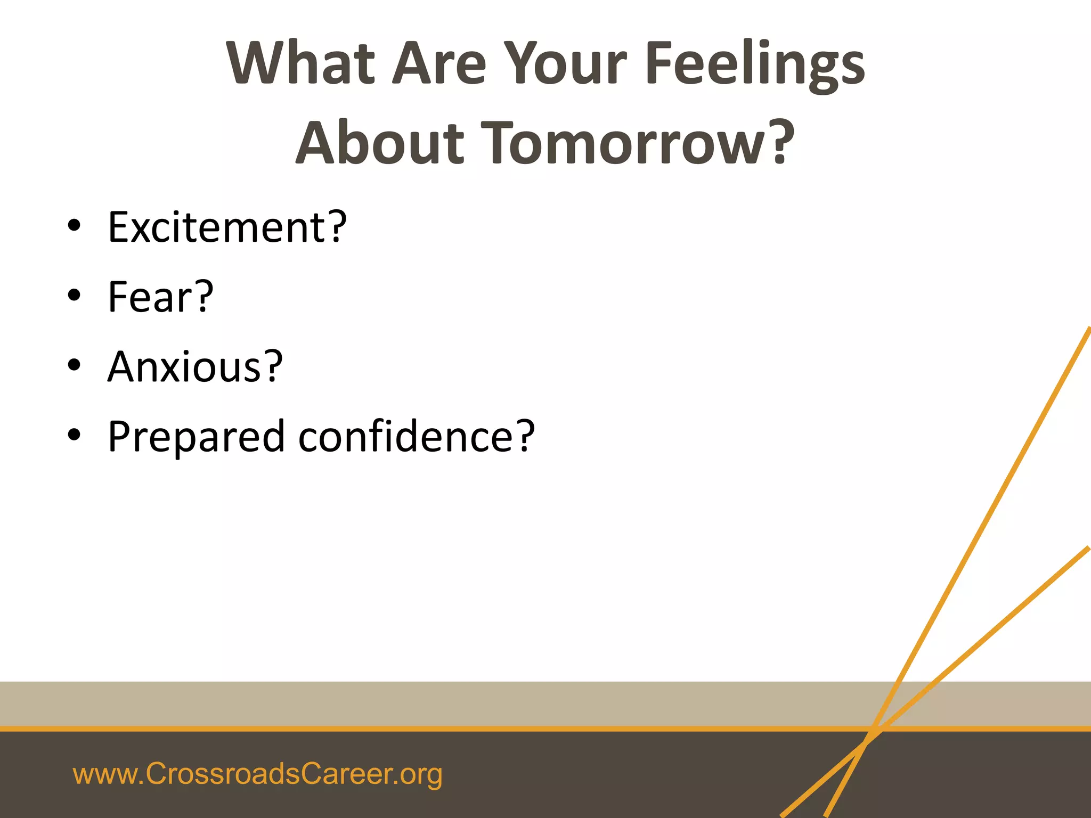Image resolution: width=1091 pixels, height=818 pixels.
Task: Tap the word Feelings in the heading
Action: point(755,64)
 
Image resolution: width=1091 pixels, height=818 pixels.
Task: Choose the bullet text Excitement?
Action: point(227,227)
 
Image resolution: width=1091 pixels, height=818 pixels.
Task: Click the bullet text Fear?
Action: point(160,297)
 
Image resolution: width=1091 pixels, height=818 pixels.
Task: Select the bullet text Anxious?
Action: point(195,367)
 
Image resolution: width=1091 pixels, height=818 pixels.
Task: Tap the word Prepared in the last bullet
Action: point(196,437)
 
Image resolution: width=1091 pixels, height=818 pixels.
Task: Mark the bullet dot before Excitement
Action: point(74,226)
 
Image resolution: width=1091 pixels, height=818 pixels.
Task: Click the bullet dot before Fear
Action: point(74,296)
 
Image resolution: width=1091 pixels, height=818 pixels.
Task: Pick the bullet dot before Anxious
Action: point(74,365)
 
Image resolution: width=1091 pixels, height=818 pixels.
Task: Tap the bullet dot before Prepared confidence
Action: point(74,435)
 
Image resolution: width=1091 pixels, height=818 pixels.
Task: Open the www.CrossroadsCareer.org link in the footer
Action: point(257,774)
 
